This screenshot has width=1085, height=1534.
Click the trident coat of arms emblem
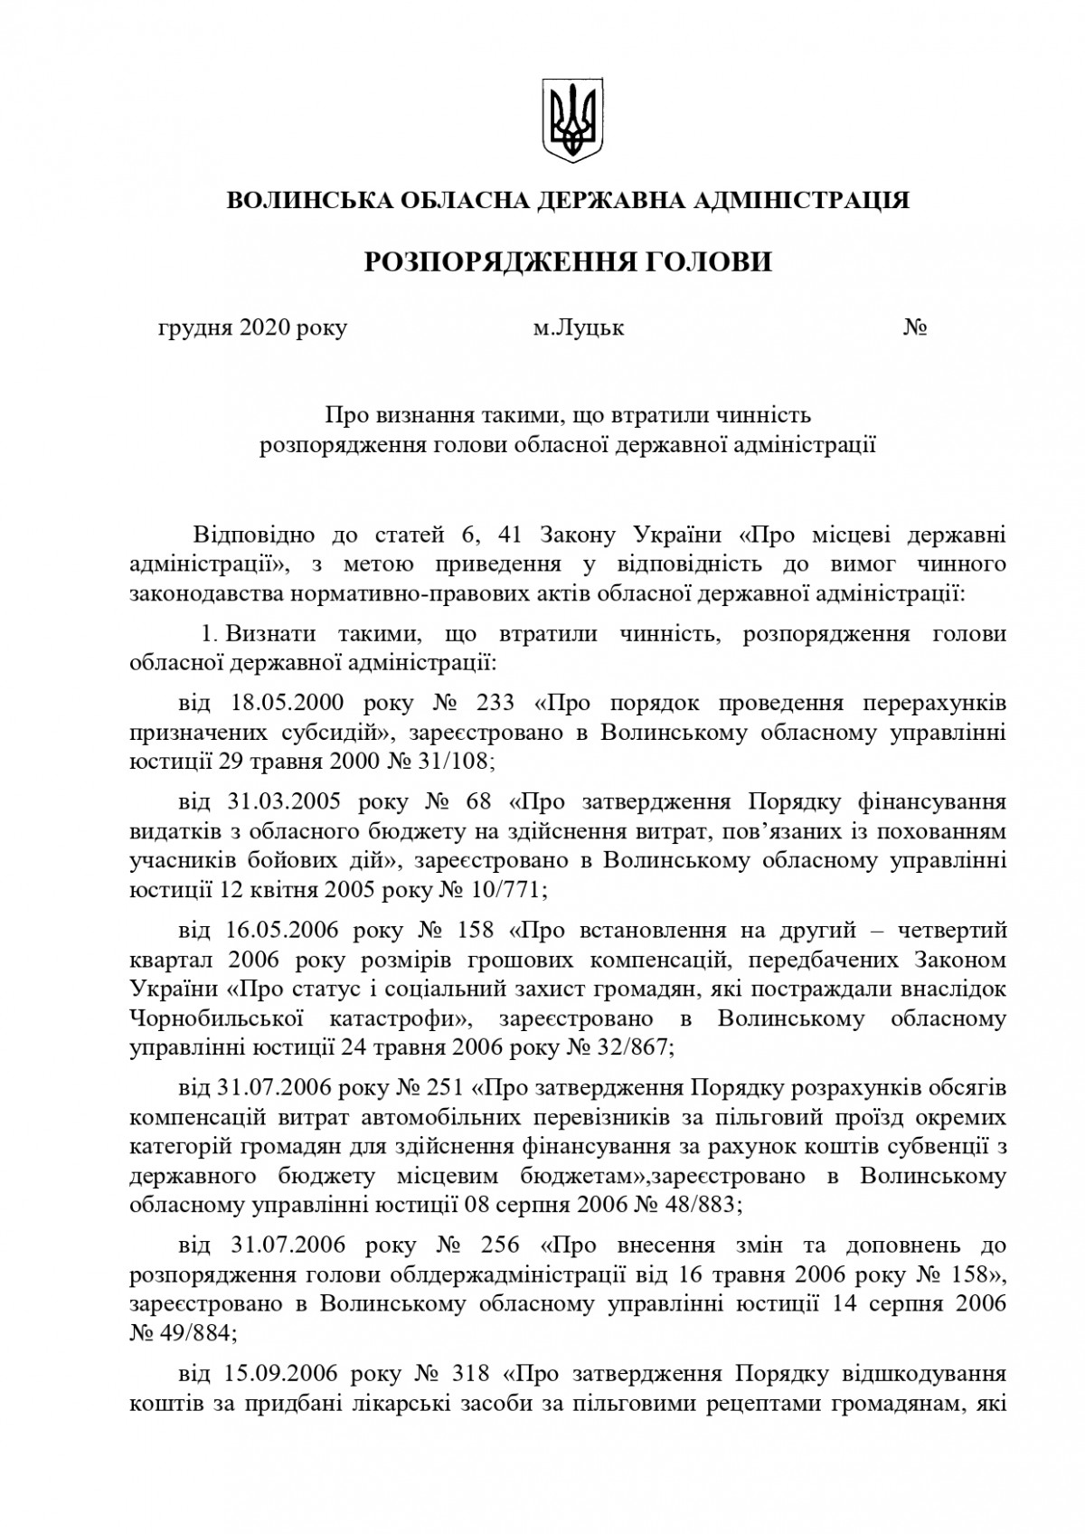(x=571, y=120)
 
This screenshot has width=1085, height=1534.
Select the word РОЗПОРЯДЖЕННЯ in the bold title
(x=485, y=262)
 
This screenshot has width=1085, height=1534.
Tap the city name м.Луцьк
(x=578, y=327)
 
